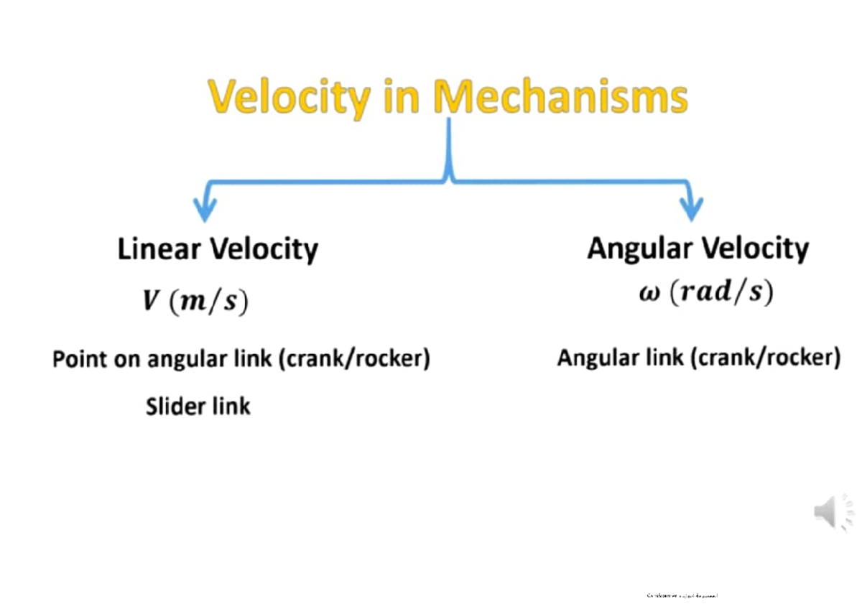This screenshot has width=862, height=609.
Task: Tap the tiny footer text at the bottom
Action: pos(682,595)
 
